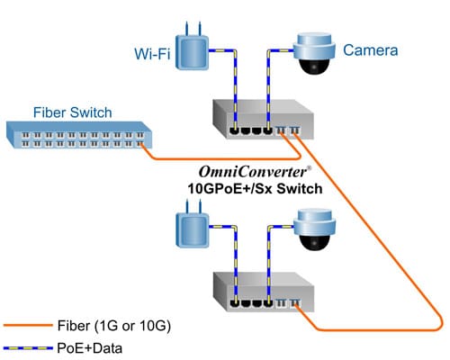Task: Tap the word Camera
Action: click(x=369, y=51)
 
